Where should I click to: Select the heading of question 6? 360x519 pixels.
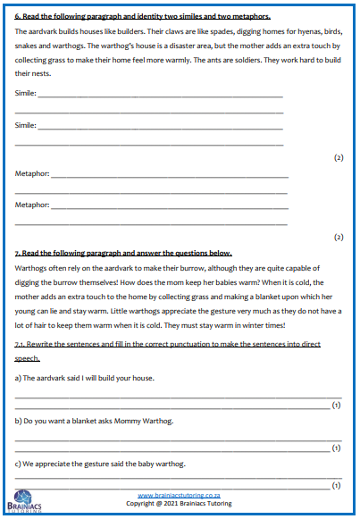[143, 17]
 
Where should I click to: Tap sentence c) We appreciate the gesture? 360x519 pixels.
[100, 464]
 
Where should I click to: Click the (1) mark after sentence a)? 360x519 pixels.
[337, 405]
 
